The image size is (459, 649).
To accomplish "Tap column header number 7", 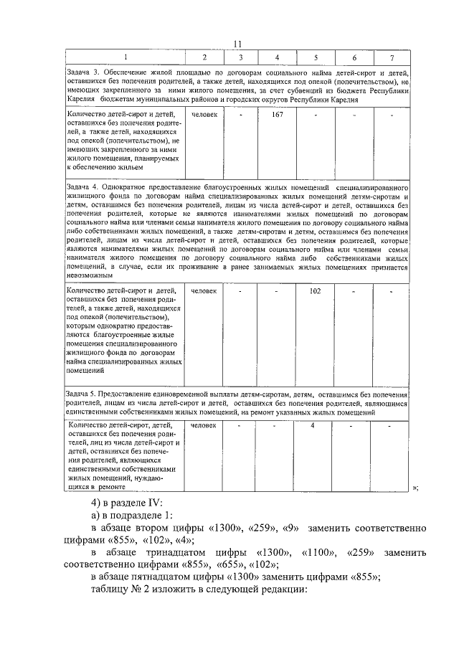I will (x=391, y=57).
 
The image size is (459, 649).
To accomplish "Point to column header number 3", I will (x=240, y=57).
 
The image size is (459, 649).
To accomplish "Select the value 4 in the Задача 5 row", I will (x=313, y=426).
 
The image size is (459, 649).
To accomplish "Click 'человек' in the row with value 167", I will (x=204, y=113).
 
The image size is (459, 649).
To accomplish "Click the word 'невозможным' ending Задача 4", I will (x=89, y=275).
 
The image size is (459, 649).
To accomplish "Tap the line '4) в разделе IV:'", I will (x=123, y=501).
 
